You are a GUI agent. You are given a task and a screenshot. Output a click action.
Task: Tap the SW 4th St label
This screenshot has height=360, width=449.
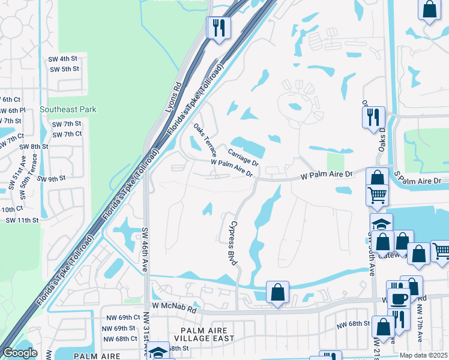[64, 59]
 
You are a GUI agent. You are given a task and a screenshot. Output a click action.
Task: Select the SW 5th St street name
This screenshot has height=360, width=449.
[65, 69]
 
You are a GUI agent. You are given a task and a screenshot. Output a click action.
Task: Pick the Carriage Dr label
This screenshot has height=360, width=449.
[243, 158]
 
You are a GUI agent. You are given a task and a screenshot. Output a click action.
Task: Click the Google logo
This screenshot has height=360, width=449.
[20, 352]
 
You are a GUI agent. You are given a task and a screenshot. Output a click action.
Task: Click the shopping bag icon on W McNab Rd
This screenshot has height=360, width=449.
[277, 293]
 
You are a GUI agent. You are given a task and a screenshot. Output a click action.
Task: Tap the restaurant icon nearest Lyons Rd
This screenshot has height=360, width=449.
[218, 28]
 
